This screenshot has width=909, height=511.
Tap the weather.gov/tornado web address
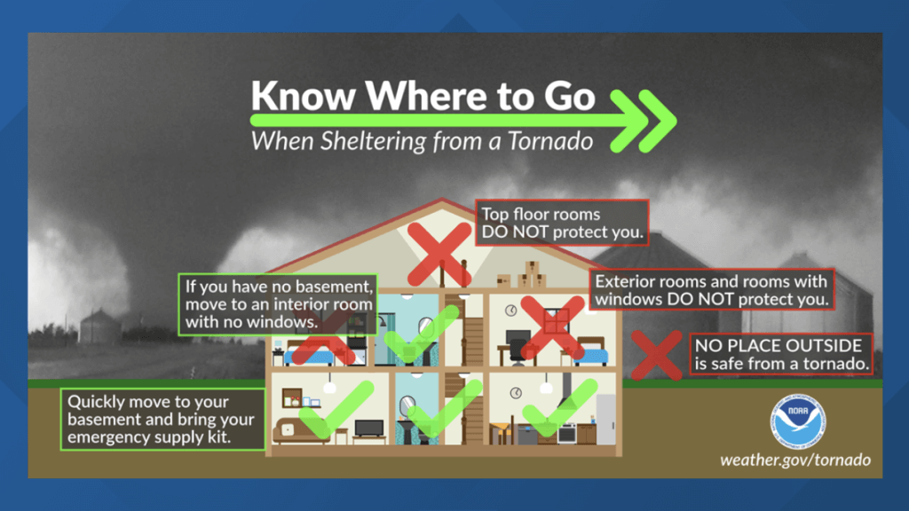point(794,460)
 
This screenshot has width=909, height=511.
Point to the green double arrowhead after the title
point(652,119)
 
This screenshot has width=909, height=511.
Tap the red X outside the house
point(655,355)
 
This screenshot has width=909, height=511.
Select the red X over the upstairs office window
point(551,326)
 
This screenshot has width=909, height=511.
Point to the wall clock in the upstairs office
point(511,311)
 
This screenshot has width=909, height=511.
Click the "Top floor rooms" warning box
point(561,224)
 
